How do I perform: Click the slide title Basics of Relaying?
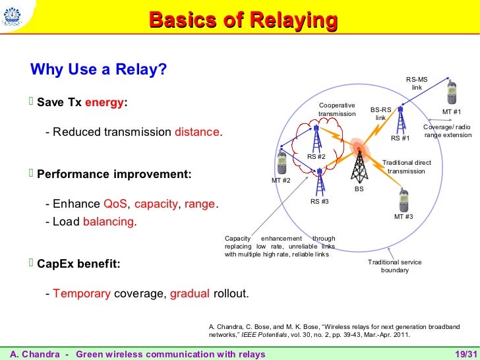(243, 20)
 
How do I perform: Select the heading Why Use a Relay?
(99, 69)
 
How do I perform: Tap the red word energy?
(105, 104)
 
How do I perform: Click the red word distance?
(197, 132)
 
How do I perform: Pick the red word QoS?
(116, 204)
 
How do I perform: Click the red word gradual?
(190, 293)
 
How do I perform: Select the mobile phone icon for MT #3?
(404, 199)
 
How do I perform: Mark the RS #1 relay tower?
(400, 120)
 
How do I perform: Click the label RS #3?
(319, 202)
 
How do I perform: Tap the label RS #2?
(316, 156)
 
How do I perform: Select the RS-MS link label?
(417, 83)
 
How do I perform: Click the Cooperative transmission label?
(336, 109)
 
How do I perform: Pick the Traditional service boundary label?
(394, 266)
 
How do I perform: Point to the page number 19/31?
(465, 354)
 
